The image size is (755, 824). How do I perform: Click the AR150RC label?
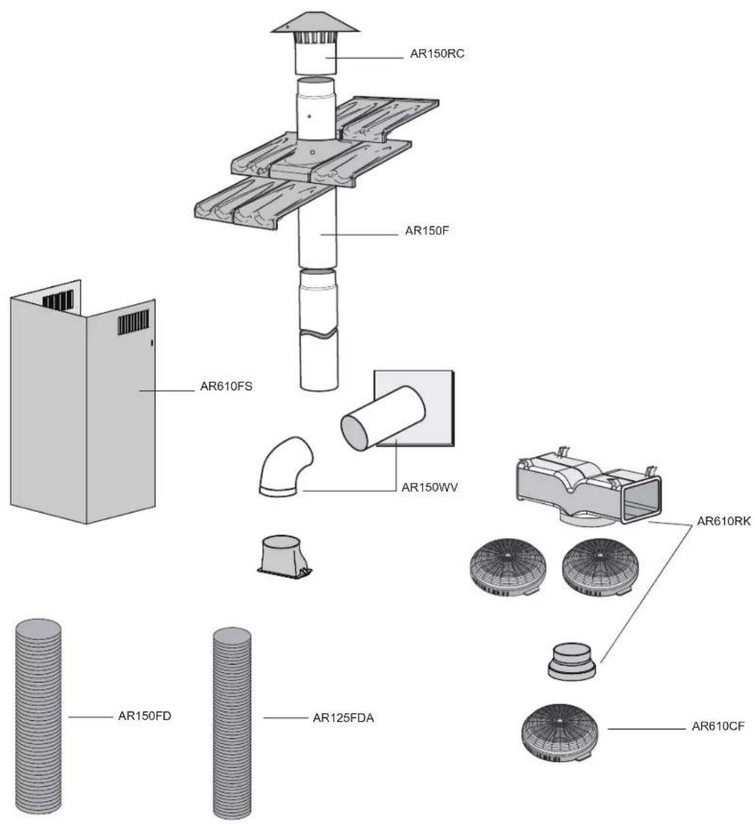437,54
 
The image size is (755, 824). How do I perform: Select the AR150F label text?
426,231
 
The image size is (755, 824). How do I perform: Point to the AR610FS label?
226,387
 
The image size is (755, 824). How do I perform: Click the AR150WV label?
430,487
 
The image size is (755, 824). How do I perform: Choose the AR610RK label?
723,520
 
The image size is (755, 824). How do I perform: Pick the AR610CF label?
718,727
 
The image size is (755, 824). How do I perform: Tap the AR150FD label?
145,716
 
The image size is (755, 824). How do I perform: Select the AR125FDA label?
343,718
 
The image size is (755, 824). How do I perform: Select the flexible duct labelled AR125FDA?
232,722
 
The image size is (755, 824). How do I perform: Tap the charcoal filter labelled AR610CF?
560,732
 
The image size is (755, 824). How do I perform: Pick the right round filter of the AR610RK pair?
600,568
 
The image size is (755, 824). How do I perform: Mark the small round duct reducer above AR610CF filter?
572,661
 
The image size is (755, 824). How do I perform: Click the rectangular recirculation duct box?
589,486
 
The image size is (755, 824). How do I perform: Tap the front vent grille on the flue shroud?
133,323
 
